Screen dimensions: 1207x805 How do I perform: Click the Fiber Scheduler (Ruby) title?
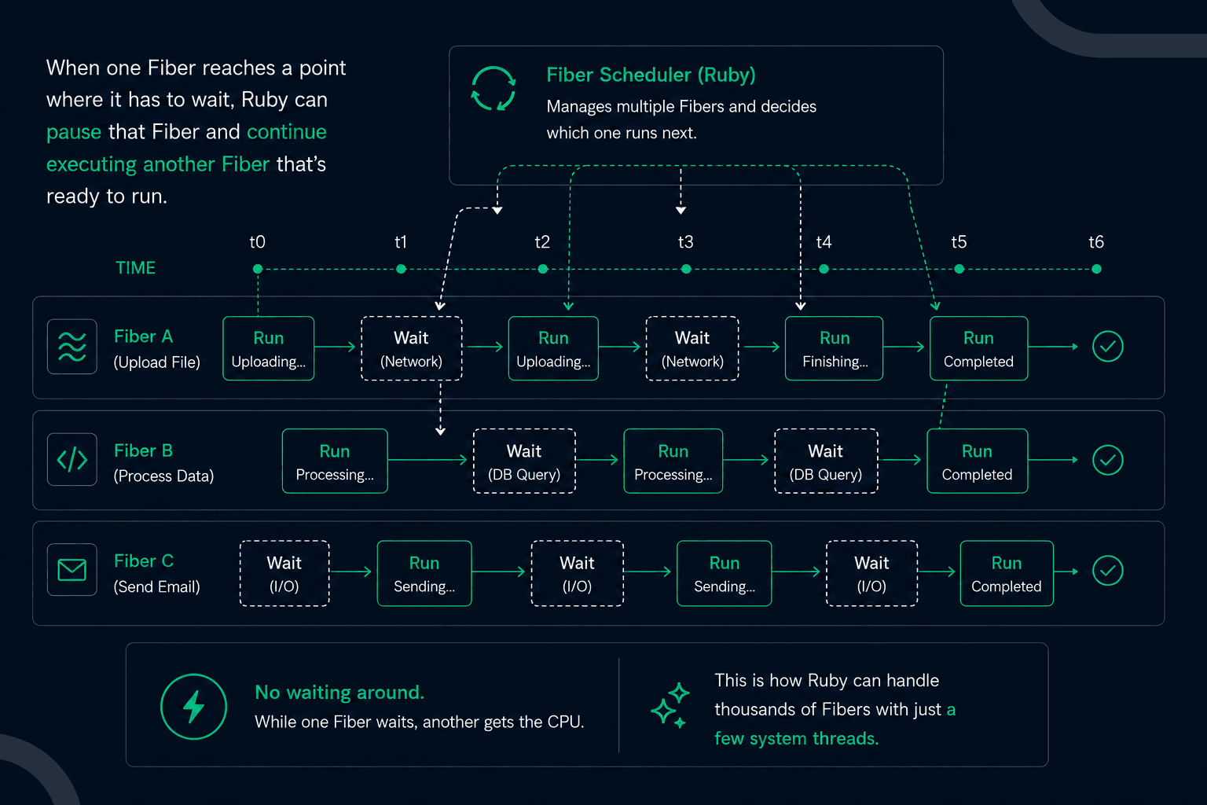pyautogui.click(x=651, y=75)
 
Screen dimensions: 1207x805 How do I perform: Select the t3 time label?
pyautogui.click(x=685, y=241)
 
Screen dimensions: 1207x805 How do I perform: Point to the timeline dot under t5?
pyautogui.click(x=959, y=269)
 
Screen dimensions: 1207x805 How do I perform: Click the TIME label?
pyautogui.click(x=135, y=268)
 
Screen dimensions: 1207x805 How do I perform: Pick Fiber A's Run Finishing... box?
pyautogui.click(x=834, y=348)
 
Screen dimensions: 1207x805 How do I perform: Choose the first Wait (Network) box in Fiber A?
pyautogui.click(x=411, y=348)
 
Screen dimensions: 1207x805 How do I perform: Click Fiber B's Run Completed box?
pyautogui.click(x=977, y=461)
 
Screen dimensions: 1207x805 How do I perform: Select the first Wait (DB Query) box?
pyautogui.click(x=524, y=461)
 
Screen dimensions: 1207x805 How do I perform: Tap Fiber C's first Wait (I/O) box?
pyautogui.click(x=284, y=574)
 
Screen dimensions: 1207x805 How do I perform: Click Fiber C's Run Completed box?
pyautogui.click(x=1007, y=574)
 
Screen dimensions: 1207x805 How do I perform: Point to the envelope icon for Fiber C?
pyautogui.click(x=72, y=570)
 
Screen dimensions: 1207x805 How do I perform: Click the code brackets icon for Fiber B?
pyautogui.click(x=72, y=460)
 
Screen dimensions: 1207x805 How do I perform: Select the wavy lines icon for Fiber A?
pyautogui.click(x=72, y=346)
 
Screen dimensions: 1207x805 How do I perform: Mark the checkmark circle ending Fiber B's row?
pyautogui.click(x=1108, y=460)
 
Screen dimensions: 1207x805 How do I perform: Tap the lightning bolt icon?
pyautogui.click(x=193, y=707)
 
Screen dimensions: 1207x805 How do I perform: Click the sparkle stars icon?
pyautogui.click(x=670, y=706)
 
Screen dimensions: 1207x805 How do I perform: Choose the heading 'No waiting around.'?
pyautogui.click(x=339, y=693)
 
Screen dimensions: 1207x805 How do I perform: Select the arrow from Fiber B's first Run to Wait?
pyautogui.click(x=427, y=460)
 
